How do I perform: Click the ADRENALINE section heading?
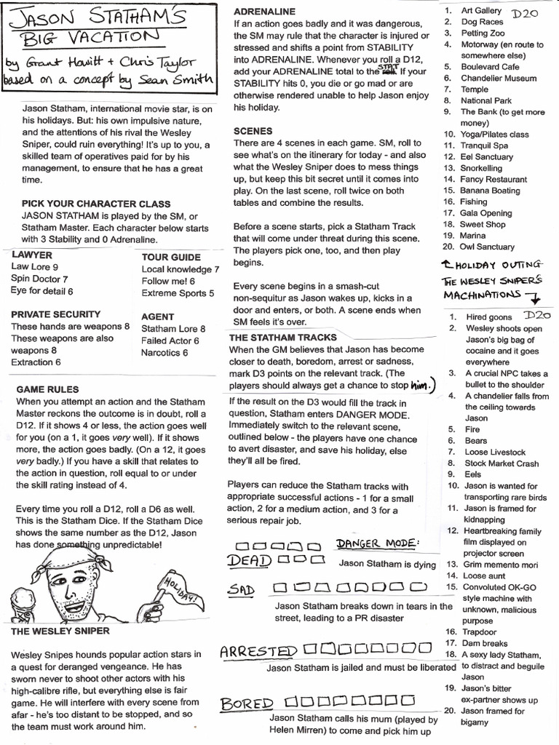[264, 12]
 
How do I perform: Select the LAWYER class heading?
[31, 255]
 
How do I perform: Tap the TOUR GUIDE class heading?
[171, 257]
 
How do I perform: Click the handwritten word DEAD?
[248, 560]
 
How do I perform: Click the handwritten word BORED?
[247, 704]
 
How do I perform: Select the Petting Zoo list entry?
[483, 33]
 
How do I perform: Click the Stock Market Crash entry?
[501, 463]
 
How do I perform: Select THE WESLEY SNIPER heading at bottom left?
[60, 630]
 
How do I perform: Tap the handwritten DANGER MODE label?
[377, 544]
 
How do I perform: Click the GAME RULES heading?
[48, 389]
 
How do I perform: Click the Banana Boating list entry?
[490, 190]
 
